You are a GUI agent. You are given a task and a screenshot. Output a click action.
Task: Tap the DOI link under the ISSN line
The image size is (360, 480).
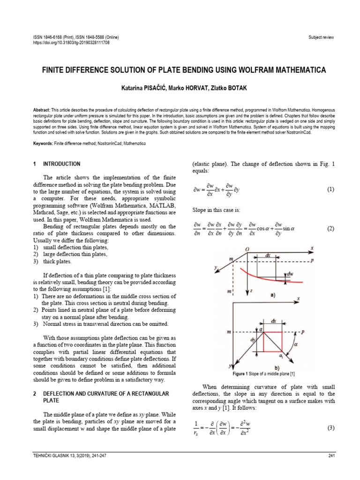[x=71, y=42]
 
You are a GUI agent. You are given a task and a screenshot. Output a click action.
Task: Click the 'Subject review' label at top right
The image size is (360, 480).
[x=321, y=37]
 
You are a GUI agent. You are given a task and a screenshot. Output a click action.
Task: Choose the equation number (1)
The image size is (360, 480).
[x=330, y=190]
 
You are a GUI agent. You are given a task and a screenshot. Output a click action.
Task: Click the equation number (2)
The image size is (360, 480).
[x=330, y=229]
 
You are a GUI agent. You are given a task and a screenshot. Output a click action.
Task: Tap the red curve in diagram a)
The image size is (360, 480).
[x=262, y=276]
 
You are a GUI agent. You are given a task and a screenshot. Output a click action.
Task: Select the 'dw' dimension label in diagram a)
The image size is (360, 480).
[x=291, y=274]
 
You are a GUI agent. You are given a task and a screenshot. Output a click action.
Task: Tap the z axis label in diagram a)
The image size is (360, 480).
[x=252, y=291]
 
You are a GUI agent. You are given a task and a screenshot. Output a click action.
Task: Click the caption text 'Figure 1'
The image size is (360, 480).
[x=243, y=374]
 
